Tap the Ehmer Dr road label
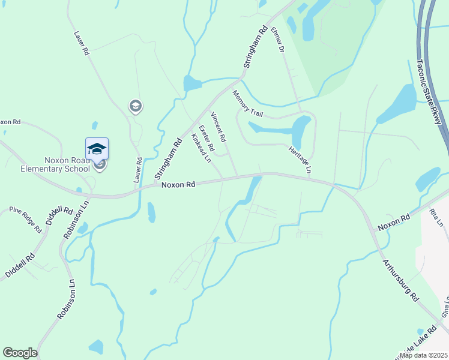tap(277, 39)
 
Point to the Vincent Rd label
tap(218, 127)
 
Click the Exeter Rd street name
tap(206, 139)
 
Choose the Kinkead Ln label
tap(201, 148)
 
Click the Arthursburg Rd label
tap(400, 280)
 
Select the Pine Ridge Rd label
tap(26, 219)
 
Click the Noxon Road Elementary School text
tap(67, 164)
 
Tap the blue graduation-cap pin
tap(97, 148)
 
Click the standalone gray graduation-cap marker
tap(136, 106)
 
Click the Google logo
tap(20, 353)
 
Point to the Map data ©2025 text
tap(424, 355)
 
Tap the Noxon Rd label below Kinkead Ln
tap(178, 185)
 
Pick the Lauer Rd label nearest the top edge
tap(82, 44)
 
